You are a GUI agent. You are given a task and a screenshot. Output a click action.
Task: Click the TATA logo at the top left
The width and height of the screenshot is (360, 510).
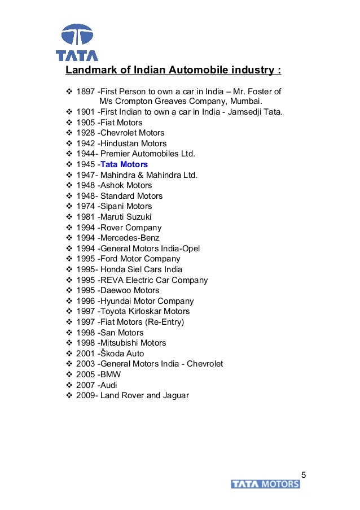(x=77, y=42)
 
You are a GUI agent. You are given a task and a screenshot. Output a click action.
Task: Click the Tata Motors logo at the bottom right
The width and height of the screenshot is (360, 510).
(x=265, y=484)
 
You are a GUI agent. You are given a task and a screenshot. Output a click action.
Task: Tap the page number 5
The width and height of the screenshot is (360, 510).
(x=304, y=474)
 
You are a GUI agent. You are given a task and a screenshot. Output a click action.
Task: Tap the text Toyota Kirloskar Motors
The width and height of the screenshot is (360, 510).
(x=144, y=311)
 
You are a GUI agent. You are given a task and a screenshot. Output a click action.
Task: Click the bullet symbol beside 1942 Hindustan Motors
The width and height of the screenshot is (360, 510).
(x=70, y=143)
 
